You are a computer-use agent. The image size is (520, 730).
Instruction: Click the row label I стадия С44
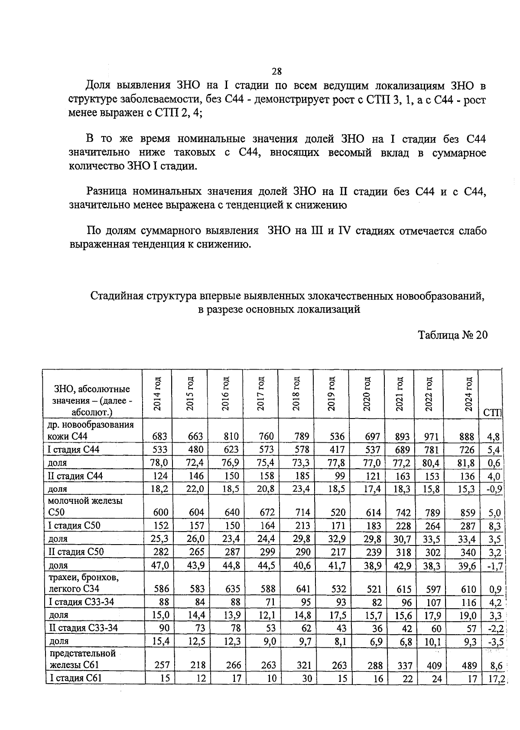point(74,449)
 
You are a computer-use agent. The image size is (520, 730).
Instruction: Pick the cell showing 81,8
point(467,463)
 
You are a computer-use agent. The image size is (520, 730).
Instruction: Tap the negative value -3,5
point(494,641)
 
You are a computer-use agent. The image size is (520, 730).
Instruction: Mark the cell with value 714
point(302,513)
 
